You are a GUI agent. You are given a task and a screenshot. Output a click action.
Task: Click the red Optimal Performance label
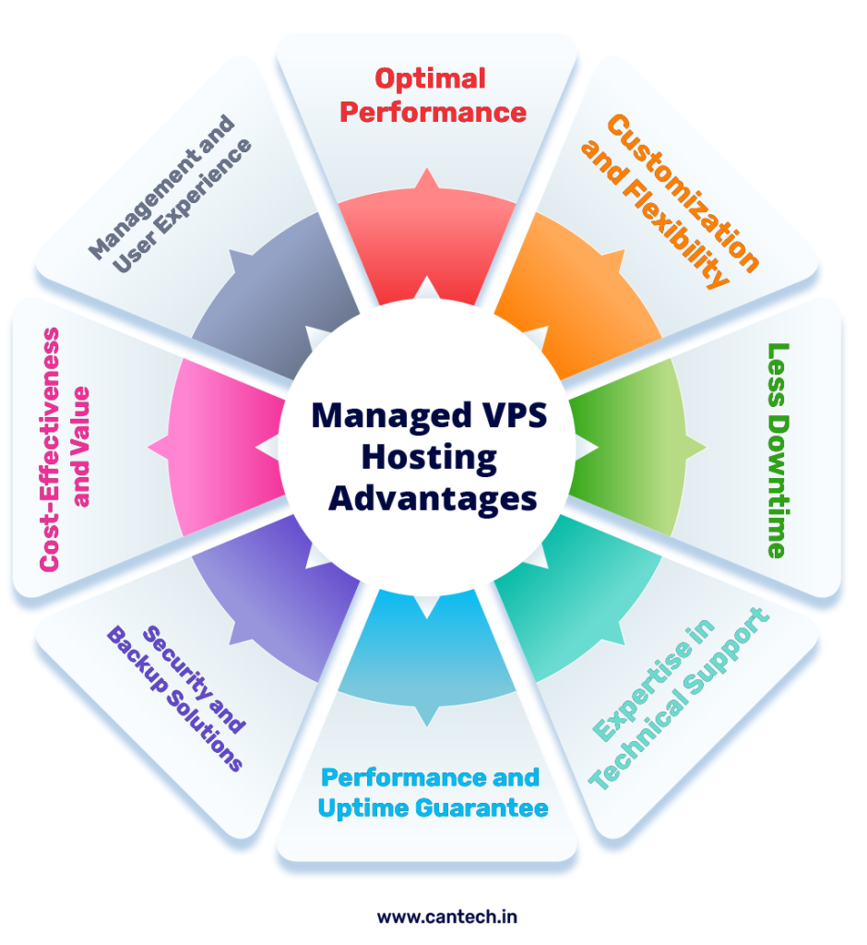point(433,96)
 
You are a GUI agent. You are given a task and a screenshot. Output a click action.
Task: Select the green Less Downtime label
point(778,450)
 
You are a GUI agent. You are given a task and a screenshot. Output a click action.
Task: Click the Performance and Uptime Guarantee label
point(433,793)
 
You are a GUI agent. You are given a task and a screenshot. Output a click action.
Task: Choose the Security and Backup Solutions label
point(175,699)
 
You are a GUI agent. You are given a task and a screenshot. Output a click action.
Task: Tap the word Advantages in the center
point(433,498)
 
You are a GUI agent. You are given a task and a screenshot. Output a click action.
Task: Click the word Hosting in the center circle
point(429,458)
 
